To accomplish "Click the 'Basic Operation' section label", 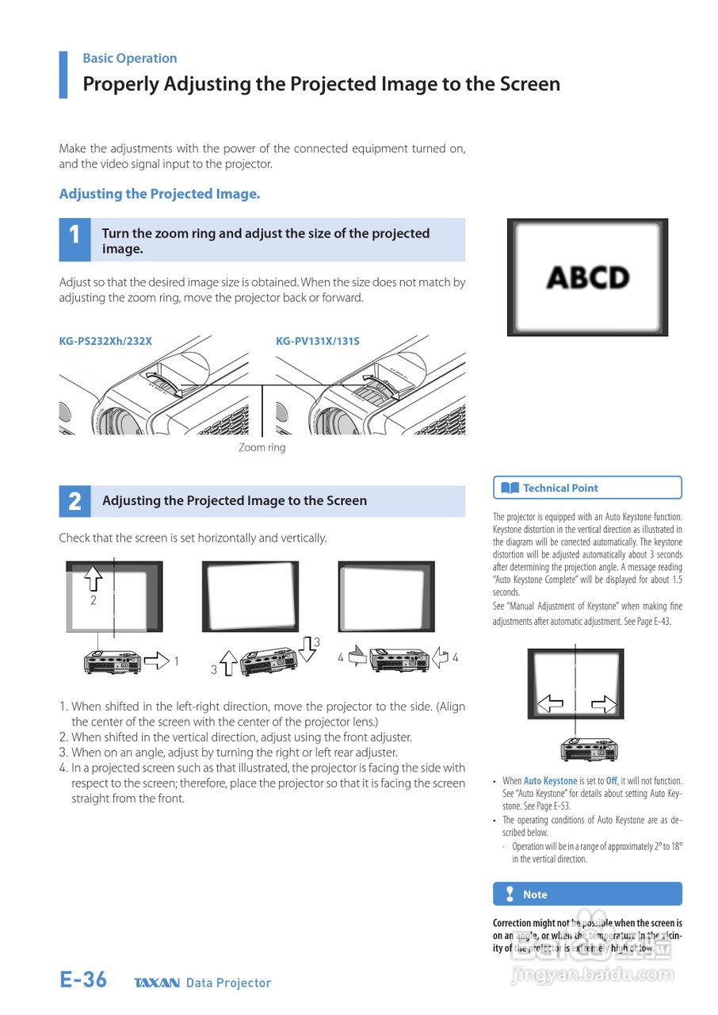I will coord(129,58).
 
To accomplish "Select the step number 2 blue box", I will coord(74,501).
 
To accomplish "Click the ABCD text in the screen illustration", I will coord(588,278).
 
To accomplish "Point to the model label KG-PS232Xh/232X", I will coord(105,341).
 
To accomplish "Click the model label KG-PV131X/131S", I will coord(317,341).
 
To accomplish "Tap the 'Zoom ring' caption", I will coord(262,447).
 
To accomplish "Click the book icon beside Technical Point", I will coord(510,488).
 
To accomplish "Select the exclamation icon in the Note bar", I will coord(510,894).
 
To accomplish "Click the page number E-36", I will coord(83,980).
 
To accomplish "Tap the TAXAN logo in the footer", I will coord(157,983).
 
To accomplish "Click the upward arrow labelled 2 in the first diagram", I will coord(94,577).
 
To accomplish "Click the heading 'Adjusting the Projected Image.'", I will coord(159,193).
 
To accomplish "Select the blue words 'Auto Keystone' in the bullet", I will coord(550,781).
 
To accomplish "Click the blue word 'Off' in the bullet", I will coord(611,781).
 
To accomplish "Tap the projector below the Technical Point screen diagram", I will coord(589,748).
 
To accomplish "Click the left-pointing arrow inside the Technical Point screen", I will coord(551,703).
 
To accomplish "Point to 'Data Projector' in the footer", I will coord(228,983).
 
